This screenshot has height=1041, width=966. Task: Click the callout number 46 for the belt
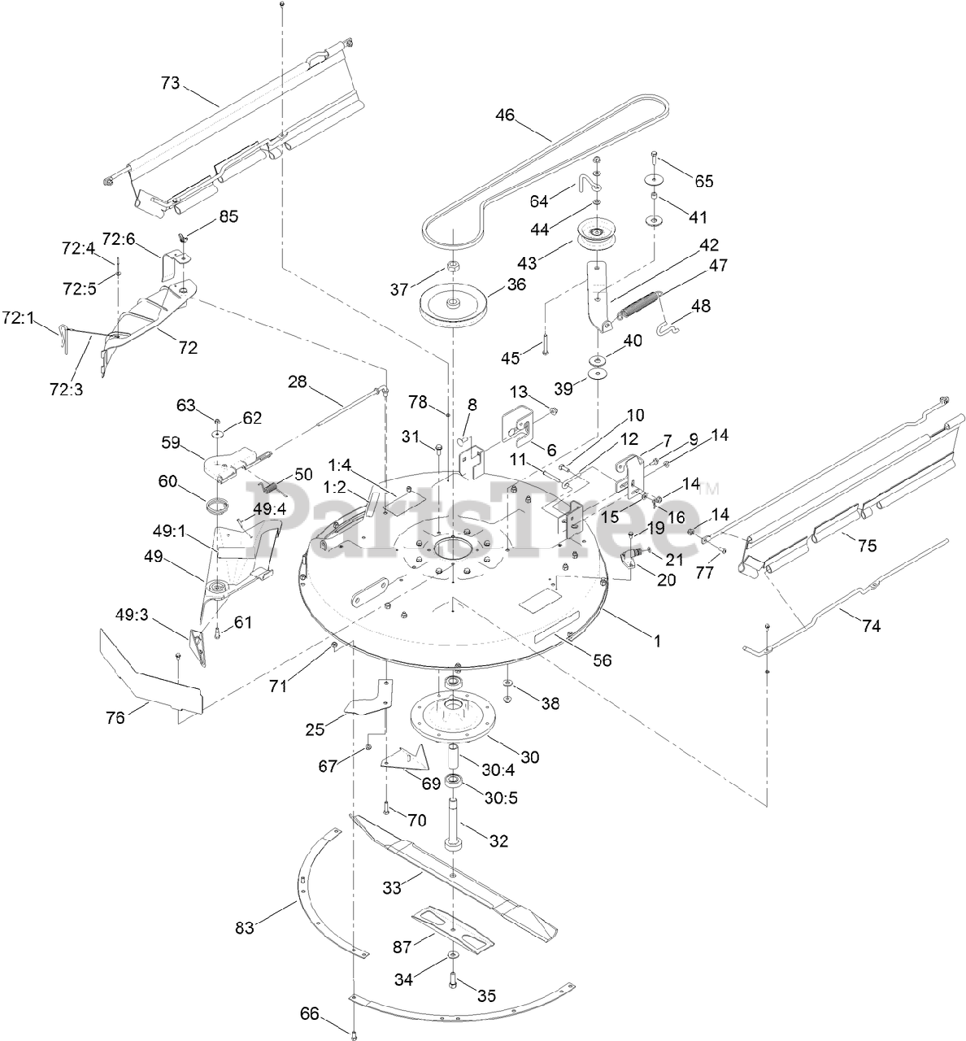point(505,115)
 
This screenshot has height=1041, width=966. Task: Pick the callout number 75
point(867,546)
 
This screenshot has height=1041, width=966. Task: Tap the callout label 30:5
point(501,798)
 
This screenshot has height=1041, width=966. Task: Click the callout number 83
point(245,927)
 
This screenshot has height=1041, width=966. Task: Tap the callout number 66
point(310,1013)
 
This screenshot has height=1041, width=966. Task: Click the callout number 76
point(116,717)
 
